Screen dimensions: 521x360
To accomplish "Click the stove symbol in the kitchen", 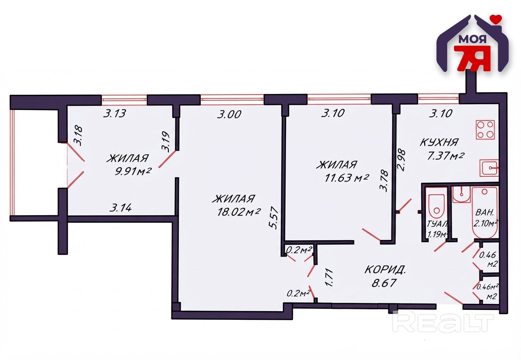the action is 485,130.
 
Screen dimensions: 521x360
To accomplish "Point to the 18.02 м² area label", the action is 239,212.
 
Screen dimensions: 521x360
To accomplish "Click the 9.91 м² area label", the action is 133,172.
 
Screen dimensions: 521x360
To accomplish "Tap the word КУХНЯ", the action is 439,142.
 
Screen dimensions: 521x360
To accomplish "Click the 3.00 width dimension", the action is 229,114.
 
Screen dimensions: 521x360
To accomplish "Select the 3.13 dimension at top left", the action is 114,114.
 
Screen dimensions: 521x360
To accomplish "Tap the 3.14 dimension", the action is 120,207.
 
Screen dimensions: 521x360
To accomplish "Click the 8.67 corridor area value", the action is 384,283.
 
